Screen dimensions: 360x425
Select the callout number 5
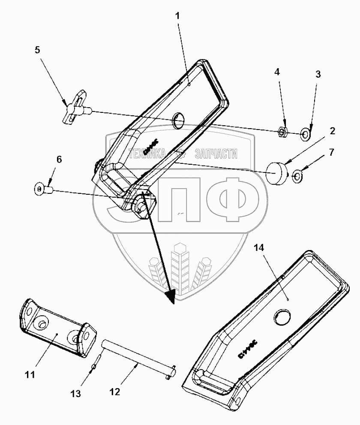coord(38,49)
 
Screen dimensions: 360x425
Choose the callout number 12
coord(114,392)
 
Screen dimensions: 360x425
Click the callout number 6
coord(59,160)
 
